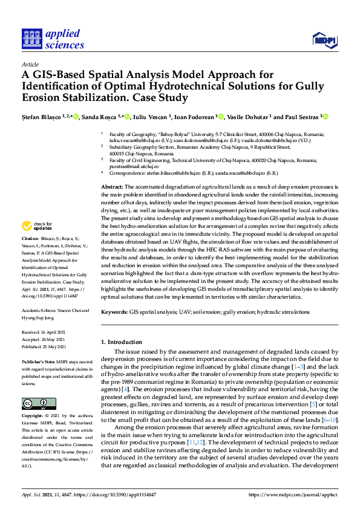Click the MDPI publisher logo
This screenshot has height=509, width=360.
tap(323, 40)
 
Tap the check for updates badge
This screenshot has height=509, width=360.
tap(37, 227)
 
